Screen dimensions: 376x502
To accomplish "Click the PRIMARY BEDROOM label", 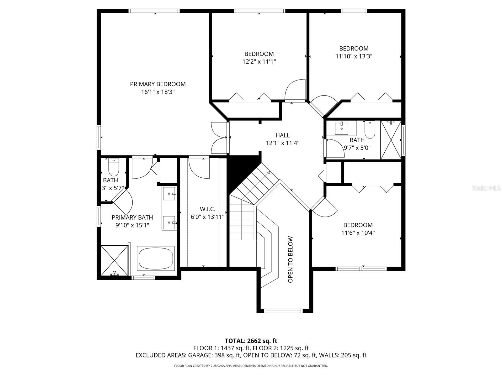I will pyautogui.click(x=158, y=84).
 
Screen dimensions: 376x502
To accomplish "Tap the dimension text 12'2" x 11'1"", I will pyautogui.click(x=259, y=62).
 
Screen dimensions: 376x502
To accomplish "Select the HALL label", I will pyautogui.click(x=282, y=135).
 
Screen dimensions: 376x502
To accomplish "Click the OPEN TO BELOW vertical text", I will pyautogui.click(x=291, y=259).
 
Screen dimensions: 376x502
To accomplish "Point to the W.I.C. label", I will pyautogui.click(x=207, y=209).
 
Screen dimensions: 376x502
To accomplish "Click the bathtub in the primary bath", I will pyautogui.click(x=156, y=258).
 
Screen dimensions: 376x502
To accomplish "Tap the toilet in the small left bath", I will pyautogui.click(x=114, y=167).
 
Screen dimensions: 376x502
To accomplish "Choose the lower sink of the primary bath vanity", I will pyautogui.click(x=169, y=222).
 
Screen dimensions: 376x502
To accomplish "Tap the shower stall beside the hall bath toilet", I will pyautogui.click(x=391, y=140).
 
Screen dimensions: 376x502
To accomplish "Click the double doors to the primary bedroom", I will pyautogui.click(x=220, y=138).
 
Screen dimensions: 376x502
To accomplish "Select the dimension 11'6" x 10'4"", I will pyautogui.click(x=358, y=233).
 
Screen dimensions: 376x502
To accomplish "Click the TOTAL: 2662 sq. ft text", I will pyautogui.click(x=251, y=341).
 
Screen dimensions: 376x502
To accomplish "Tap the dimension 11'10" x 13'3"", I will pyautogui.click(x=354, y=56).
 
